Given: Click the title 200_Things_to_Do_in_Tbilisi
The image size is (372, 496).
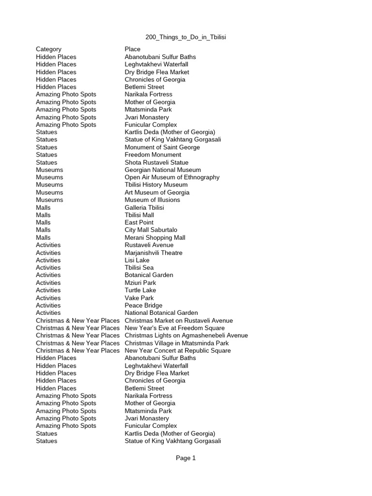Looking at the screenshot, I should point(186,37).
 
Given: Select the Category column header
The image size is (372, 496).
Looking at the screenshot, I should point(48,49).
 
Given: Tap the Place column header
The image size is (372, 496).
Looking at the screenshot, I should point(132,49).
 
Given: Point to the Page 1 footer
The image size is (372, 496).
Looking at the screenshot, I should point(186,458).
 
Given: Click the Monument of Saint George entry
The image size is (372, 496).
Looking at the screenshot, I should point(162,147).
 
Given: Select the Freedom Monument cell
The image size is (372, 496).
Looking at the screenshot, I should point(153,155).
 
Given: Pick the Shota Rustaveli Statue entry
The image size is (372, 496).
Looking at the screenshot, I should point(156,162).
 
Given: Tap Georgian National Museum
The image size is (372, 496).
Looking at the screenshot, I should point(163,170).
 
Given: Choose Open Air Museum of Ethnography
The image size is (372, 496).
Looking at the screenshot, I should point(172,177).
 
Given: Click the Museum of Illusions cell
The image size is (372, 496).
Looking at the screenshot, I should point(152,200).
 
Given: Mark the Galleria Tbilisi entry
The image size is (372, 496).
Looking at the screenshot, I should point(144,207).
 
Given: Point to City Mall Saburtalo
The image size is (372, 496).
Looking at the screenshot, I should point(151,230).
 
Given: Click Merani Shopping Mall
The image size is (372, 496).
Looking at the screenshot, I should point(155,237).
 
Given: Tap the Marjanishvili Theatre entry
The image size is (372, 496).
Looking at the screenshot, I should point(154,252).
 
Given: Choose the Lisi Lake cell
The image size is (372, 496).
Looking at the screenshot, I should point(137,260).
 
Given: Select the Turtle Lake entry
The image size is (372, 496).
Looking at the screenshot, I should point(140,290).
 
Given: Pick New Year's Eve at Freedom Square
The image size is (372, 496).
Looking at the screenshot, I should point(175,328).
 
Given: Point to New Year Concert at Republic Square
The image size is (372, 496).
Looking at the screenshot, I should point(178,350).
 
